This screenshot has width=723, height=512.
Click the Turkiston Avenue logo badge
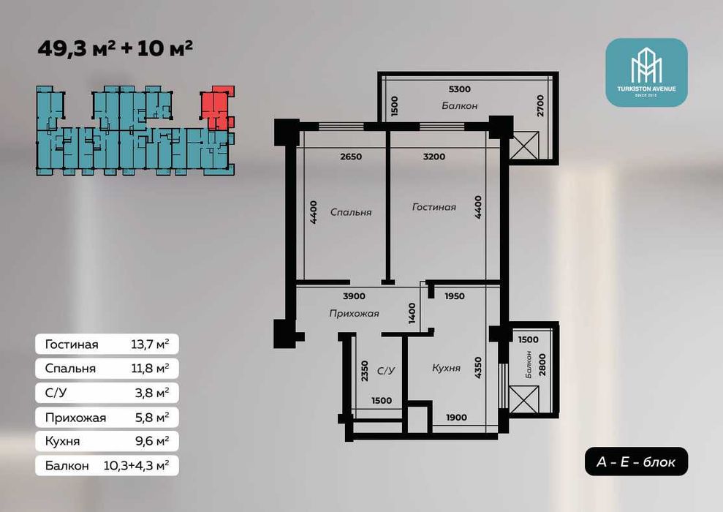click(x=646, y=72)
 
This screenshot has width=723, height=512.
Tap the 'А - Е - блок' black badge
click(x=636, y=462)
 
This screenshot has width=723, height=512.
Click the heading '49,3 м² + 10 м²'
click(x=115, y=48)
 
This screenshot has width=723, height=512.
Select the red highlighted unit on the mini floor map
click(x=216, y=108)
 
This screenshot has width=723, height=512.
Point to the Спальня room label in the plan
click(x=351, y=212)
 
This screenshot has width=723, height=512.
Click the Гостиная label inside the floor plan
click(x=434, y=207)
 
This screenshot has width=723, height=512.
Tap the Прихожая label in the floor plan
click(x=354, y=314)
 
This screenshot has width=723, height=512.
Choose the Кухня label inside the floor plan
click(x=447, y=368)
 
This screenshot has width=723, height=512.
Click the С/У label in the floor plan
click(x=386, y=370)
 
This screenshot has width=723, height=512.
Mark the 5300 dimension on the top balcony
click(x=460, y=89)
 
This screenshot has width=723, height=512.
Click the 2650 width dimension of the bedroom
click(x=351, y=157)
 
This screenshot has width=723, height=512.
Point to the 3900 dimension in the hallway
click(x=354, y=296)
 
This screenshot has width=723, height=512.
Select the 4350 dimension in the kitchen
click(x=477, y=368)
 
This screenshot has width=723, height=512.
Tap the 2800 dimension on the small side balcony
click(x=542, y=364)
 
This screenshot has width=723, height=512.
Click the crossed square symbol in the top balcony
click(x=524, y=146)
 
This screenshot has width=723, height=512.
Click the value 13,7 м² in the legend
click(x=150, y=344)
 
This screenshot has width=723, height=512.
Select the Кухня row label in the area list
click(x=62, y=441)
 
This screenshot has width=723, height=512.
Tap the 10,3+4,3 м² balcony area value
click(x=136, y=465)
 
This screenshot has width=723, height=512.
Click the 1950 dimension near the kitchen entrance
click(x=455, y=296)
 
